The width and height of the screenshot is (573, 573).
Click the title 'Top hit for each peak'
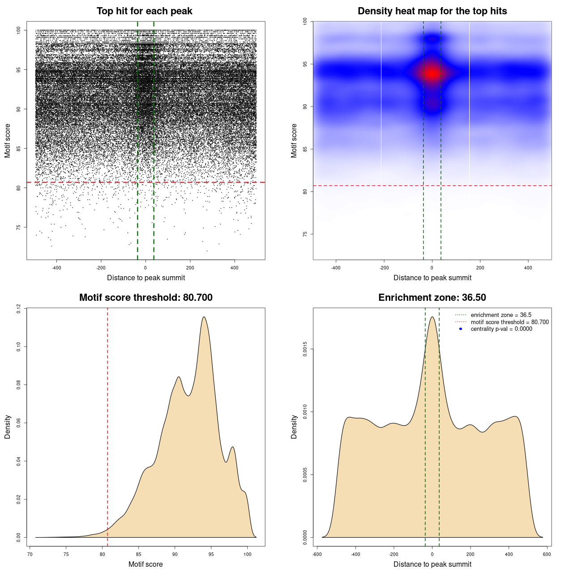tap(145, 11)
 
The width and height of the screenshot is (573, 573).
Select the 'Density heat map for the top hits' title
tap(432, 11)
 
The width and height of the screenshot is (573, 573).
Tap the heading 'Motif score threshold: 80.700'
tap(145, 298)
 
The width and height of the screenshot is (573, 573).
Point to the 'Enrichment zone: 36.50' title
tap(432, 298)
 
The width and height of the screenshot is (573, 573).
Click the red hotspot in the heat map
tap(432, 73)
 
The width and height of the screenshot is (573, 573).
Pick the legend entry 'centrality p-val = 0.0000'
tap(501, 329)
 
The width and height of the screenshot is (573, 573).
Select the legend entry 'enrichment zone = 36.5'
tap(501, 315)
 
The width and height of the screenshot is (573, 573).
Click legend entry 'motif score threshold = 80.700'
tap(509, 322)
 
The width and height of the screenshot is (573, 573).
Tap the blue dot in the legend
tap(461, 329)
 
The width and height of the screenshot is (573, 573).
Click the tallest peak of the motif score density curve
tap(204, 317)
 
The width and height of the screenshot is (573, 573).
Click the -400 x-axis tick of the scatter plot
tap(56, 268)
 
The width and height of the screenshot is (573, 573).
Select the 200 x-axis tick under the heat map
tap(480, 268)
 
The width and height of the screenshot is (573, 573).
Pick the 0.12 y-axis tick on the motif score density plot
tap(18, 308)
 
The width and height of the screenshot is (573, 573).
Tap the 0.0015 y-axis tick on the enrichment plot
tap(305, 349)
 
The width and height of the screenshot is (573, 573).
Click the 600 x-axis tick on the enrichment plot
tap(547, 554)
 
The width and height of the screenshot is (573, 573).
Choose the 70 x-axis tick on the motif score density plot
tap(30, 554)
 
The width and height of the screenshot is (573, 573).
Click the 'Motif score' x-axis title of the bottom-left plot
tap(145, 564)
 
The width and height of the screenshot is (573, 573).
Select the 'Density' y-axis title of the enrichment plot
tap(294, 427)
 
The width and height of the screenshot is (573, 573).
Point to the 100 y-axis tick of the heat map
tap(305, 21)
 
